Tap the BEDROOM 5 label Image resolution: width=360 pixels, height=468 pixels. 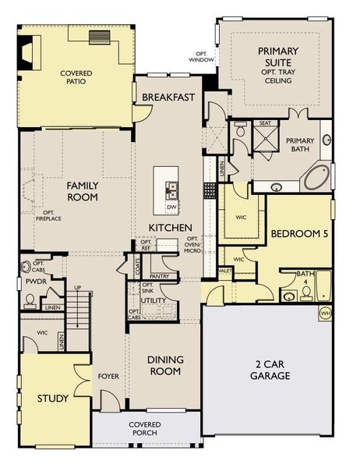pyautogui.click(x=298, y=234)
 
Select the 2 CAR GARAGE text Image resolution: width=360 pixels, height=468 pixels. pyautogui.click(x=270, y=370)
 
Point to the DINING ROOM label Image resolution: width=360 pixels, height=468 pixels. pyautogui.click(x=165, y=365)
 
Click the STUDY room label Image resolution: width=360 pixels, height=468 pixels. pyautogui.click(x=52, y=399)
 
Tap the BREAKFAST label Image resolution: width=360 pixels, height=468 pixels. pyautogui.click(x=168, y=97)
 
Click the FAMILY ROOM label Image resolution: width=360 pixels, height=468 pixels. pyautogui.click(x=81, y=191)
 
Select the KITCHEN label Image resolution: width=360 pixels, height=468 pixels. pyautogui.click(x=171, y=227)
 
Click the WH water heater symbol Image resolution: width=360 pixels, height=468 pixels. pyautogui.click(x=326, y=313)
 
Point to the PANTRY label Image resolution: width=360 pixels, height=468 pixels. pyautogui.click(x=159, y=276)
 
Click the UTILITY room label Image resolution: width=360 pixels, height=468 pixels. pyautogui.click(x=154, y=300)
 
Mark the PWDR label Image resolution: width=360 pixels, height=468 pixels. pyautogui.click(x=32, y=281)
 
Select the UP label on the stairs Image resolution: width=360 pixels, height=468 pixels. pyautogui.click(x=76, y=289)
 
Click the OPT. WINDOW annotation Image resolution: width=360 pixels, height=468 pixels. pyautogui.click(x=201, y=56)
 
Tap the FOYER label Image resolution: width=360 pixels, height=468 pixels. pyautogui.click(x=108, y=377)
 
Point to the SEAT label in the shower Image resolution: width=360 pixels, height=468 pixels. pyautogui.click(x=264, y=122)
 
